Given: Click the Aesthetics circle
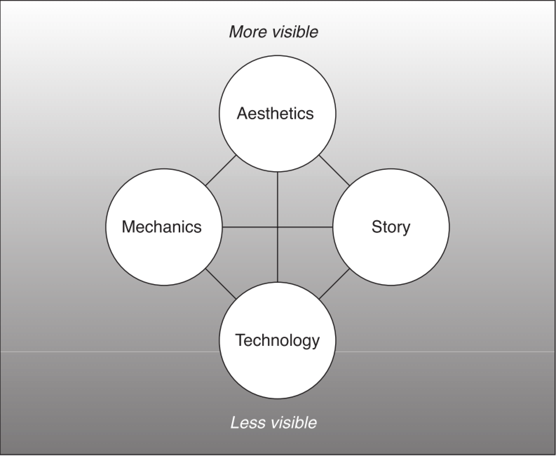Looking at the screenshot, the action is [278, 113].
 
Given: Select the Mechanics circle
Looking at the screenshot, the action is [164, 227].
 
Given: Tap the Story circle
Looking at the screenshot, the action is [391, 227].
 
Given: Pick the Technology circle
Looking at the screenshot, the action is [278, 340].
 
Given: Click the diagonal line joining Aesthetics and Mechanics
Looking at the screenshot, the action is [221, 170].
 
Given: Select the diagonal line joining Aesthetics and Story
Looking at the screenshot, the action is [334, 170].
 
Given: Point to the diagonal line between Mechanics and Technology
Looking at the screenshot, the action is [221, 284].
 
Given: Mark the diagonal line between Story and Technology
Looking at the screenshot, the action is [334, 284].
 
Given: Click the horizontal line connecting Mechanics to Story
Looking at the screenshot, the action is [278, 227].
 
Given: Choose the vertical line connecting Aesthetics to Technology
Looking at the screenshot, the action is [278, 227].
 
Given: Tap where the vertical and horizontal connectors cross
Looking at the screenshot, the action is [278, 227].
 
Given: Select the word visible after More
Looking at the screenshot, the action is [296, 32].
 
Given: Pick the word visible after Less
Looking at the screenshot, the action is [293, 422].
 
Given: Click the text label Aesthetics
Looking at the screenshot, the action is [275, 113].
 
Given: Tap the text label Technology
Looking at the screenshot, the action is [277, 341].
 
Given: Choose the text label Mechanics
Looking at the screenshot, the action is [162, 227].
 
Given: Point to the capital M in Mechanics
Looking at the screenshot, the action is [129, 227].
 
